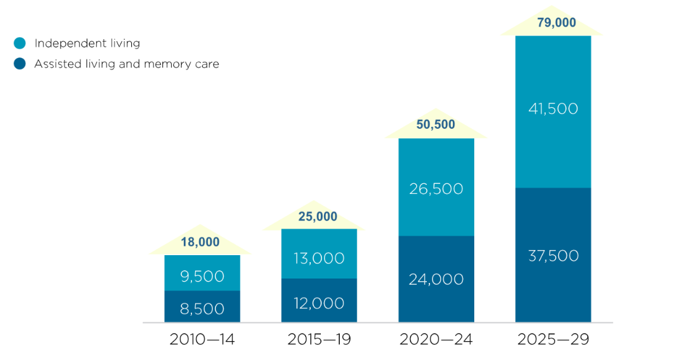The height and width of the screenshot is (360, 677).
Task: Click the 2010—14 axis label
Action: tap(202, 340)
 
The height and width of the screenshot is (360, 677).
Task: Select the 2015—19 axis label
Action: tap(319, 340)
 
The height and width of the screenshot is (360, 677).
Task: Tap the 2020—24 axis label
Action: tap(436, 340)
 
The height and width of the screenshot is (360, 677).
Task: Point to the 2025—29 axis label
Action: tap(553, 340)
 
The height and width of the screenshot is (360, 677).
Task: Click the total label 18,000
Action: tap(200, 243)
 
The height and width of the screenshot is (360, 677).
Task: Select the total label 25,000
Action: tap(318, 217)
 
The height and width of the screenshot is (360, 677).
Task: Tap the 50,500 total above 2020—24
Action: tap(436, 125)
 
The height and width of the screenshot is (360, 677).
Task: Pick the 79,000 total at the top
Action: tap(553, 23)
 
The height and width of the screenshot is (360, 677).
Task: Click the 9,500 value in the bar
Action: tap(202, 276)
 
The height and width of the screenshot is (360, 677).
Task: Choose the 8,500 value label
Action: tap(202, 309)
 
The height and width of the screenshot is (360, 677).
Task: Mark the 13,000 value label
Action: tap(319, 258)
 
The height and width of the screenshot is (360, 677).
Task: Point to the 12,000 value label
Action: tap(319, 303)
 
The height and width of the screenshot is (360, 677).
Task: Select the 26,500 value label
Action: tap(436, 189)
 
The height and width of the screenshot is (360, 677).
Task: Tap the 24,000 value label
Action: tap(436, 279)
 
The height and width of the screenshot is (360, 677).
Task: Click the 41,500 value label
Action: tap(553, 109)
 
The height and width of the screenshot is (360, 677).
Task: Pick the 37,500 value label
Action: tap(553, 256)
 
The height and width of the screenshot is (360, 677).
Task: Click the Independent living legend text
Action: tap(87, 44)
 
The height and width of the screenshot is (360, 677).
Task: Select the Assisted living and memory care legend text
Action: tap(126, 64)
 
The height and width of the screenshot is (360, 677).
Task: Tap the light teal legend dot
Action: tap(20, 44)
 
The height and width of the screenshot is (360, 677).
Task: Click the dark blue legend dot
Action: tap(20, 64)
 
